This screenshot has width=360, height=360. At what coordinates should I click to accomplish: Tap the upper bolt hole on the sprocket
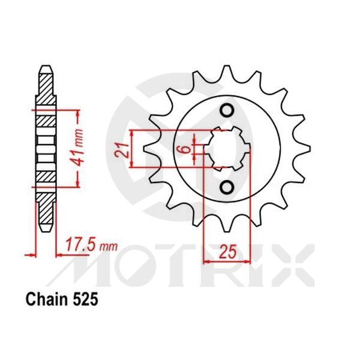(x=227, y=110)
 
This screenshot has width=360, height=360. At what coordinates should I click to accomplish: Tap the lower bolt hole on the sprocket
(x=227, y=187)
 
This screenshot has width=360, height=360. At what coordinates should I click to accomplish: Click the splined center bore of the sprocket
(x=227, y=149)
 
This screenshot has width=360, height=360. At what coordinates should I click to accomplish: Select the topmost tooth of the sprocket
(x=226, y=71)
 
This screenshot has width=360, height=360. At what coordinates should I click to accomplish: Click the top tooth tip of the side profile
(x=45, y=66)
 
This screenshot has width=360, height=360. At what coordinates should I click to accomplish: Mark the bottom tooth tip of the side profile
(x=45, y=231)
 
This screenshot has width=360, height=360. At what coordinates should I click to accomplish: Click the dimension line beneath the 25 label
(x=227, y=262)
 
